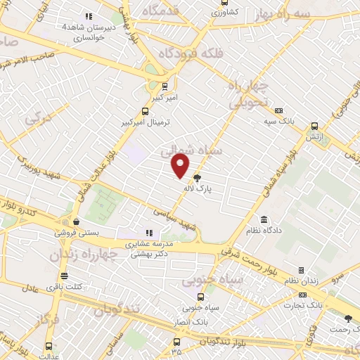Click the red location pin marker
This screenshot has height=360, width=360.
tap(181, 166)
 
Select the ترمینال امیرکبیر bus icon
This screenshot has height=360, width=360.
tap(146, 111)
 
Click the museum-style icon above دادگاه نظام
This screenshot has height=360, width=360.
tap(264, 219)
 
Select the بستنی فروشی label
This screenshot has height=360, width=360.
tap(77, 233)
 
